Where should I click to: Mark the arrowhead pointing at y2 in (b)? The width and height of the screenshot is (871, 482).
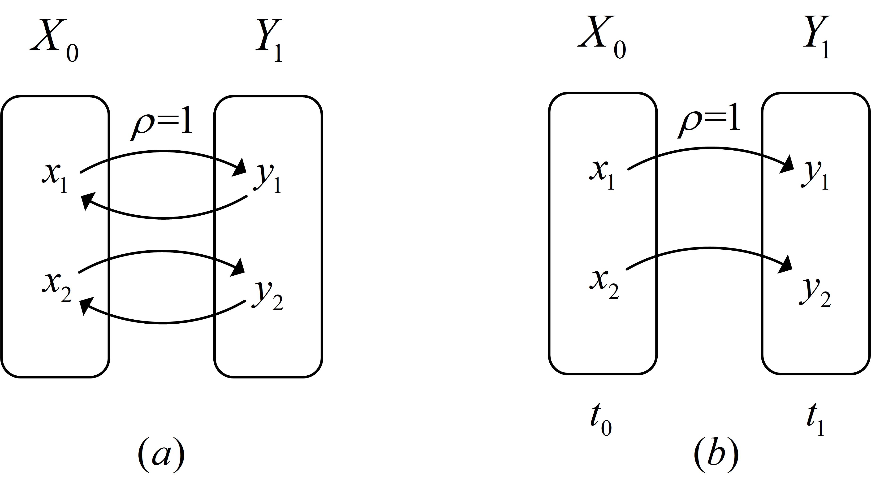click(x=786, y=265)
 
